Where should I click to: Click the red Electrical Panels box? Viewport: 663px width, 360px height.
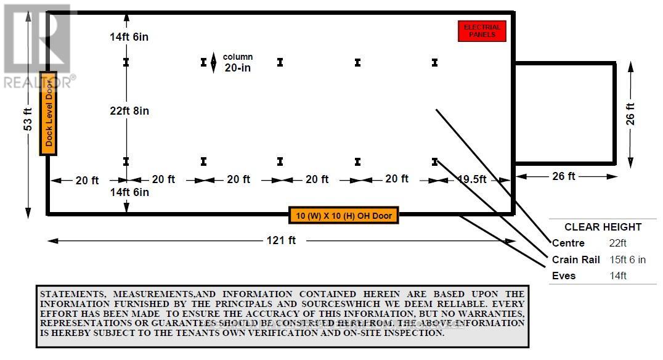point(482,31)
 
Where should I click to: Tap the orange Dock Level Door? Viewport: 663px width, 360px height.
point(48,113)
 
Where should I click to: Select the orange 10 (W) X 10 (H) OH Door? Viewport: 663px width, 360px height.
point(343,216)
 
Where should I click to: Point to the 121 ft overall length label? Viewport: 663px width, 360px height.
point(282,240)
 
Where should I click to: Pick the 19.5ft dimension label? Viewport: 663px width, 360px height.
point(472,179)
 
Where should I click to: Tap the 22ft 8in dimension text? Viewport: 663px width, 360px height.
point(129,111)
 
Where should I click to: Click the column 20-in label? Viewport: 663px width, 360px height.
point(237,62)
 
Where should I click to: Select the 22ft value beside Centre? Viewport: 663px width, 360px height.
point(617,243)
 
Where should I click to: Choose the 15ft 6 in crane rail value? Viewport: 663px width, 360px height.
point(627,260)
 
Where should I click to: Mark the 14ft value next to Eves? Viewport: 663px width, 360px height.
point(617,276)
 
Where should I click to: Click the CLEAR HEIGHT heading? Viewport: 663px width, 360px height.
point(603,227)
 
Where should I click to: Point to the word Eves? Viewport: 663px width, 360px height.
point(564,276)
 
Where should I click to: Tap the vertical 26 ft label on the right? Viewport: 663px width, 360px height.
point(630,115)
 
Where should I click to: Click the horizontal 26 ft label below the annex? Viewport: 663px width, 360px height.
point(563,176)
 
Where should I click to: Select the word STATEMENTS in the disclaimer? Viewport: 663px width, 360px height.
point(70,294)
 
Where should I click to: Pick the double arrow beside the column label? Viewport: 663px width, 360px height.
point(213,63)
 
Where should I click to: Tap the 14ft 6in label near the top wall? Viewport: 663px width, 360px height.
point(129,37)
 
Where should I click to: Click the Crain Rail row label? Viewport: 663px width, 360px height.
point(576,260)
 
